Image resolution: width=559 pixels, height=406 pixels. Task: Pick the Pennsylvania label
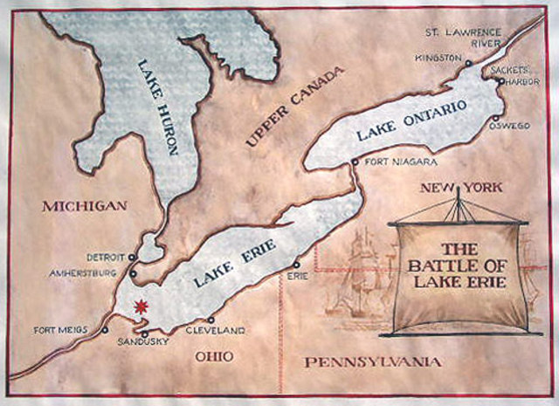(368, 361)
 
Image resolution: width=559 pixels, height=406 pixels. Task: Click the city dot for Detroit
(133, 258)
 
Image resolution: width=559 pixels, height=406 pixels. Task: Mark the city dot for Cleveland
(210, 320)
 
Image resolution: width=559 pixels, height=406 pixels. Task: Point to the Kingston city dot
(469, 64)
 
